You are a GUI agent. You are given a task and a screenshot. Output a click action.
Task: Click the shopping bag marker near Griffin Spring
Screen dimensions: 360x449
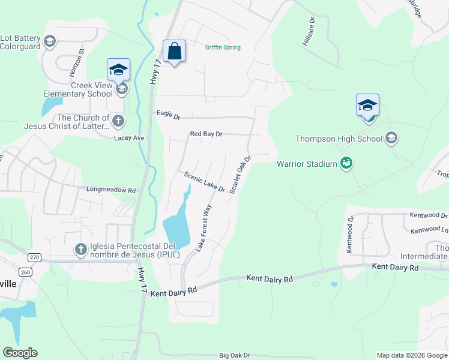pyautogui.click(x=174, y=52)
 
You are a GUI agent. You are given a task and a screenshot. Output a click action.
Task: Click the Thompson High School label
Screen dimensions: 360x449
pyautogui.click(x=339, y=139)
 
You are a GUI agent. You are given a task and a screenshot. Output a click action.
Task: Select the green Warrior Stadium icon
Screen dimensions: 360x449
pyautogui.click(x=346, y=163)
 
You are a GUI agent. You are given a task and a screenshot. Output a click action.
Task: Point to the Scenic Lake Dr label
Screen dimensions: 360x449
pyautogui.click(x=205, y=182)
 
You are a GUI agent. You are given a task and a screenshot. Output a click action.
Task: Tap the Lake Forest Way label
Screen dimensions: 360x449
pyautogui.click(x=204, y=227)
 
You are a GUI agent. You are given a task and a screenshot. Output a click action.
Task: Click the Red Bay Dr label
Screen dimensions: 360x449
pyautogui.click(x=206, y=134)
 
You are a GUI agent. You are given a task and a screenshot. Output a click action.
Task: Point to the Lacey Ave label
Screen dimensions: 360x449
pyautogui.click(x=130, y=138)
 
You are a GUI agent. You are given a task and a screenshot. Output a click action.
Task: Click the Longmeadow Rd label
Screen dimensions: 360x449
pyautogui.click(x=110, y=190)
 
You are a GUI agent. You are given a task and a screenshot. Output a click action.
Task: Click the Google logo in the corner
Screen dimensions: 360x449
pyautogui.click(x=20, y=353)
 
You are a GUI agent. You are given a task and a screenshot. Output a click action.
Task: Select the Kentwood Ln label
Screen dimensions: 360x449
pyautogui.click(x=429, y=230)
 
